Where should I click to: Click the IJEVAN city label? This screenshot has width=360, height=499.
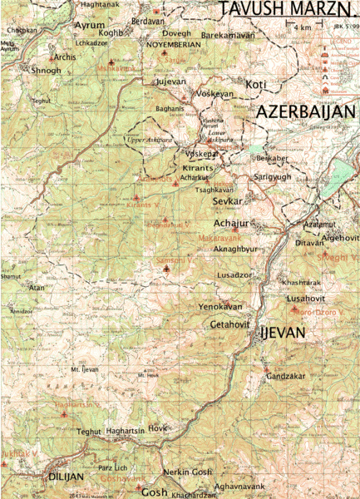tap(284, 333)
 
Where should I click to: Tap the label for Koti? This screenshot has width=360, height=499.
tap(256, 84)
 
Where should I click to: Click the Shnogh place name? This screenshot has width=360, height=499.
tap(47, 71)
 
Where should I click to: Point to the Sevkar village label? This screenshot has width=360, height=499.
tap(227, 201)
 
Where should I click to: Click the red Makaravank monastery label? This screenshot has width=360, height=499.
tap(220, 238)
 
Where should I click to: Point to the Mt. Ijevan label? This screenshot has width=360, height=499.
tap(85, 368)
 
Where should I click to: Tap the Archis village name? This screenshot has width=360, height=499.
tap(63, 57)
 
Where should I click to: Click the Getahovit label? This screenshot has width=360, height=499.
tap(230, 324)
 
